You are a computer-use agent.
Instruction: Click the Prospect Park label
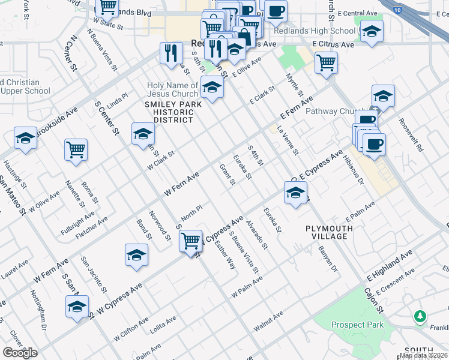[358, 325]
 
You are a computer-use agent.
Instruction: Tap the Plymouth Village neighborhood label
[327, 232]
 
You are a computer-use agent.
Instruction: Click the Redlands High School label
[315, 31]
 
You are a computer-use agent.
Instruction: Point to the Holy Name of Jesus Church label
[173, 89]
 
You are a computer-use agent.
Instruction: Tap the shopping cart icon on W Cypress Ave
[191, 241]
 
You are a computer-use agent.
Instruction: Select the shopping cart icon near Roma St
[76, 150]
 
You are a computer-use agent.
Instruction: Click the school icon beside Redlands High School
[372, 31]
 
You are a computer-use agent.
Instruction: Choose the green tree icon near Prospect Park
[420, 316]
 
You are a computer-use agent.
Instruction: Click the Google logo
[20, 353]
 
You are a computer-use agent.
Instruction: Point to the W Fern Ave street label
[181, 183]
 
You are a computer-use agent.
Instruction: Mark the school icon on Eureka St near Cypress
[295, 194]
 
